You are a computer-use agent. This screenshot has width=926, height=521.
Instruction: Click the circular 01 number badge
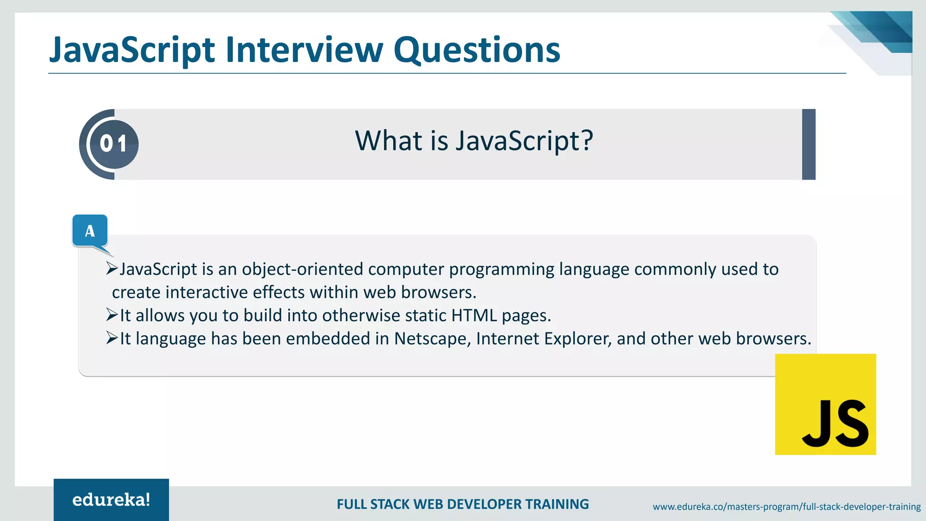(113, 144)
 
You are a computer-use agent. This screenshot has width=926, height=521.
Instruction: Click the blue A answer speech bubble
(90, 231)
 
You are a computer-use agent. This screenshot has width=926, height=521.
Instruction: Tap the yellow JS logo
(825, 404)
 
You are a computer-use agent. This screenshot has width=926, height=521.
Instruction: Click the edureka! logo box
(111, 500)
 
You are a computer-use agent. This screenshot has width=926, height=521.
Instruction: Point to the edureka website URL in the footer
(786, 507)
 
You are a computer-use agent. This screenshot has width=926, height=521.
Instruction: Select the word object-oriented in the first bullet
(302, 269)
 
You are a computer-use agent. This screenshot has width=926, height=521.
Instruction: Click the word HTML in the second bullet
(474, 316)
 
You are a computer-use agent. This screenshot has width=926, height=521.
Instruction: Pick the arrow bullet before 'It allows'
(112, 315)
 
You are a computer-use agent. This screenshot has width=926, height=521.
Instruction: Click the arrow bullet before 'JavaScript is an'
(112, 268)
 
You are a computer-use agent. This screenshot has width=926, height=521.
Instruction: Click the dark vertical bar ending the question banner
(808, 144)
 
